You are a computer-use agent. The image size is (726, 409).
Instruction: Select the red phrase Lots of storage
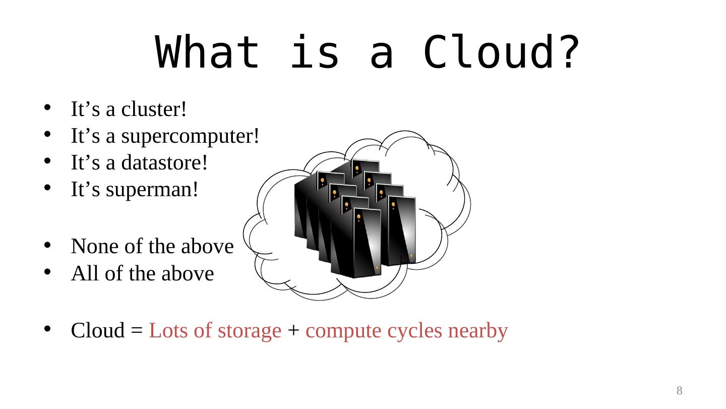point(215,331)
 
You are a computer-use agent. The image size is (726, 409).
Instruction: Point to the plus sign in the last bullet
point(293,331)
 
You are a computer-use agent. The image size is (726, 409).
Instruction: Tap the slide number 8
point(679,390)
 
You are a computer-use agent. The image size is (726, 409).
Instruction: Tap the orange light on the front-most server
point(359,217)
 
